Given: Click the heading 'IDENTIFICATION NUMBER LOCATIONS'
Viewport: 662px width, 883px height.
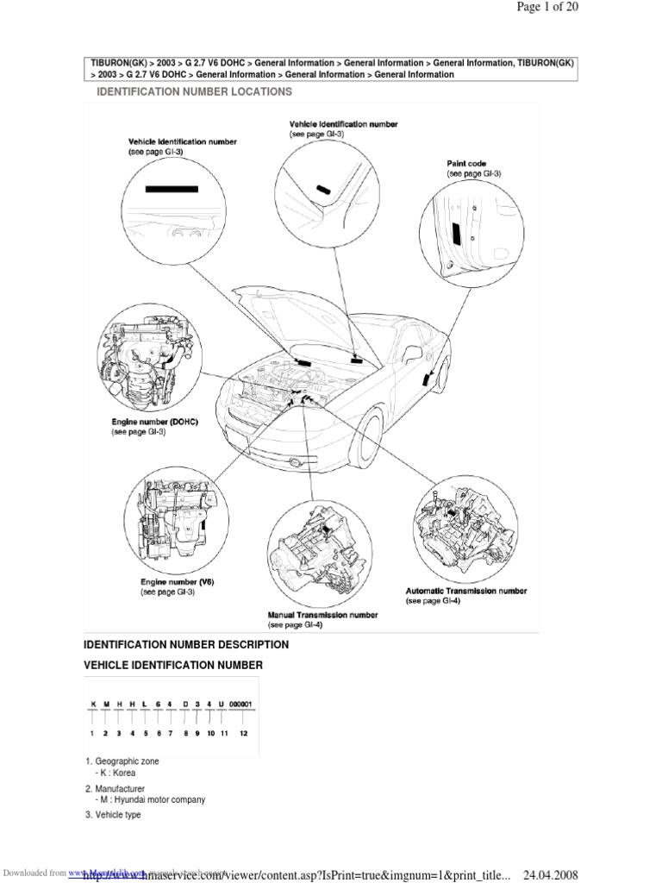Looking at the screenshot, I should [x=193, y=91].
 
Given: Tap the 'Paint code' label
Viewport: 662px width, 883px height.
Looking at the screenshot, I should [x=466, y=164].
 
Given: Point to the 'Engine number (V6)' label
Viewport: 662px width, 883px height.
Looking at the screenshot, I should [x=177, y=582].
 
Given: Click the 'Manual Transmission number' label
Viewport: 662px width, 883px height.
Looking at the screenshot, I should [x=322, y=616].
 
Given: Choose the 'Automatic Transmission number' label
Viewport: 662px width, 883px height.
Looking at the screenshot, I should [x=465, y=592].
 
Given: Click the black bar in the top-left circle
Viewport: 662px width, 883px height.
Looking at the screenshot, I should [x=172, y=188].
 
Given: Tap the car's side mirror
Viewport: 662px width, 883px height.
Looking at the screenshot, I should [x=413, y=353].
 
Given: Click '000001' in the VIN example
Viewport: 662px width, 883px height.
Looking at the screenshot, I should [x=241, y=705].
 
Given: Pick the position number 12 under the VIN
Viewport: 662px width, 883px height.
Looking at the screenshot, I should [x=244, y=733].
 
